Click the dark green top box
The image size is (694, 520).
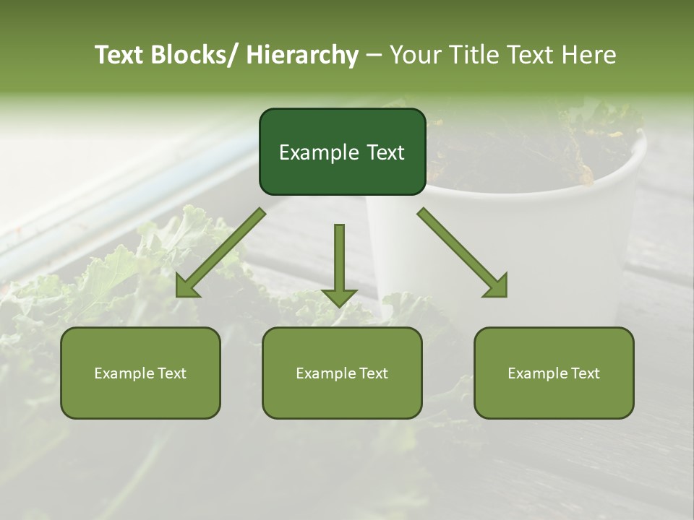tap(342, 152)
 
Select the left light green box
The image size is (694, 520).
tap(140, 373)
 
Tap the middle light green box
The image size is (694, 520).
tap(342, 373)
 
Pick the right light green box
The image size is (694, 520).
tap(554, 373)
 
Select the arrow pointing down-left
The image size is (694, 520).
tap(220, 253)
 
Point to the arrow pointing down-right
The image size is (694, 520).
tap(463, 253)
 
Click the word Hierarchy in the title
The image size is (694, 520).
tap(302, 55)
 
